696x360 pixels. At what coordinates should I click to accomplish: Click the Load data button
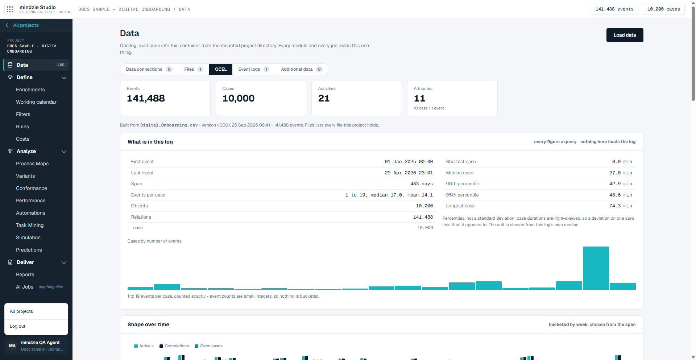[625, 35]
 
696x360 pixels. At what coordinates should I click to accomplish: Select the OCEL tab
[221, 69]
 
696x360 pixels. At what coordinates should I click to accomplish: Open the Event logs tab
[253, 69]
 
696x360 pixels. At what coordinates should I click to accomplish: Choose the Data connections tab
[149, 69]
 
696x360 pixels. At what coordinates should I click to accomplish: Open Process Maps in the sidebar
[32, 164]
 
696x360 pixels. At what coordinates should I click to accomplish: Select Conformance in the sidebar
[32, 189]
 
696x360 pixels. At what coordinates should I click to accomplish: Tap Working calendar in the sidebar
[36, 102]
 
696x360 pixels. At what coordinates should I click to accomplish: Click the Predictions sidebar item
[29, 250]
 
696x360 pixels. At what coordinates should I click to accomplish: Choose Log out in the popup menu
[18, 326]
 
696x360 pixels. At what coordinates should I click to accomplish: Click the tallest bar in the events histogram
[596, 268]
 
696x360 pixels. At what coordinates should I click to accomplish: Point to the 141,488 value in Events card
[146, 98]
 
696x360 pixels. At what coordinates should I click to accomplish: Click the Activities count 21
[324, 98]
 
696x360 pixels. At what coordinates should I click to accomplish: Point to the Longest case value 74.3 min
[622, 206]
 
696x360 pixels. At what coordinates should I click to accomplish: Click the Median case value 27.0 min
[621, 173]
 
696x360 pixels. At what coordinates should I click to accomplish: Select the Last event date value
[409, 173]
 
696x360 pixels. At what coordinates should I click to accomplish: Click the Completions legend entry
[174, 346]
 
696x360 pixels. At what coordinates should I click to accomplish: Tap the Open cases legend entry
[209, 346]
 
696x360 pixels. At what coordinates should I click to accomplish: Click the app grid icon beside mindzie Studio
[10, 9]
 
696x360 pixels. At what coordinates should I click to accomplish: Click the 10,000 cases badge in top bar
[663, 9]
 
